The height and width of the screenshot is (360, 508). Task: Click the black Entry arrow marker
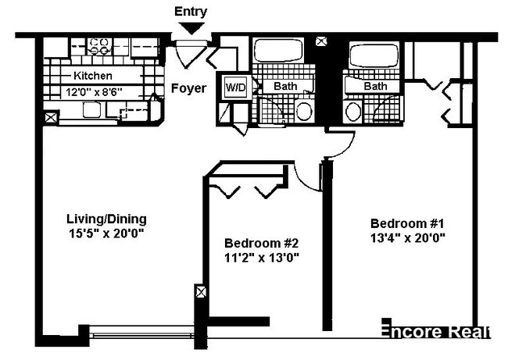click(191, 28)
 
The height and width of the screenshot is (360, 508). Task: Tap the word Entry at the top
click(191, 11)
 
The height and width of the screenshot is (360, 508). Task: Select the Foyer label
click(188, 88)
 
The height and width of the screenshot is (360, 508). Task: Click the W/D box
click(235, 87)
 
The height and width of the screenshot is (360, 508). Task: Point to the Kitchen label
click(93, 76)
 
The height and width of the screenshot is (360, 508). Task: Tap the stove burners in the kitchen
click(100, 45)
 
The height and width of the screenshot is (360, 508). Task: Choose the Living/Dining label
click(107, 219)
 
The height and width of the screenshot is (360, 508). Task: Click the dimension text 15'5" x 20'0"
click(107, 233)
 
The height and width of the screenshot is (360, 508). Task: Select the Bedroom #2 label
click(262, 242)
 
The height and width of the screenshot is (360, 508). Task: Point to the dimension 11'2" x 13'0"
click(262, 256)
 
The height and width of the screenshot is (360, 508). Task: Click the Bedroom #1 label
click(408, 222)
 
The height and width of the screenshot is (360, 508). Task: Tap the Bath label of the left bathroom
click(284, 86)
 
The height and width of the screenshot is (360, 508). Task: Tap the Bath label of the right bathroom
click(376, 86)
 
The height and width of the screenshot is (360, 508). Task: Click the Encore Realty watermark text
click(435, 331)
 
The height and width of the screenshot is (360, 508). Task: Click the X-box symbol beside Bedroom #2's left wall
click(202, 293)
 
